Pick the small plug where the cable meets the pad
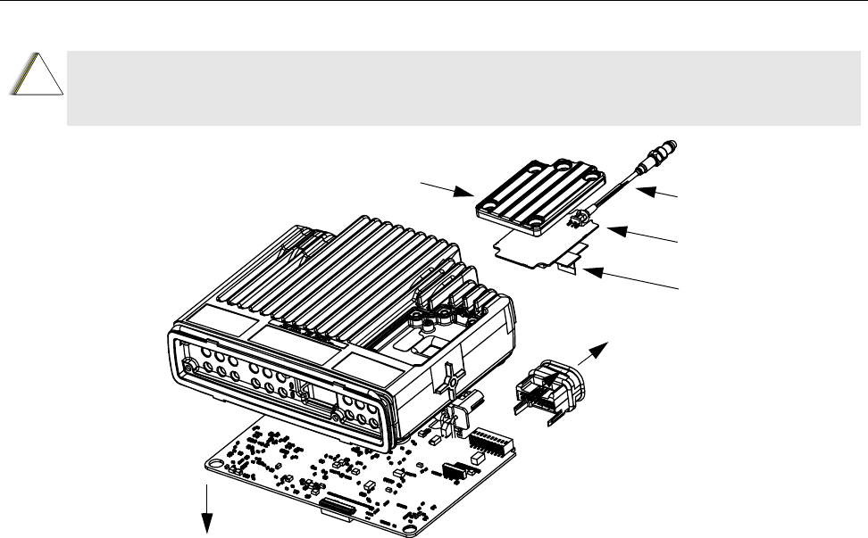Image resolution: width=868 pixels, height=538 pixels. click(582, 217)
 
